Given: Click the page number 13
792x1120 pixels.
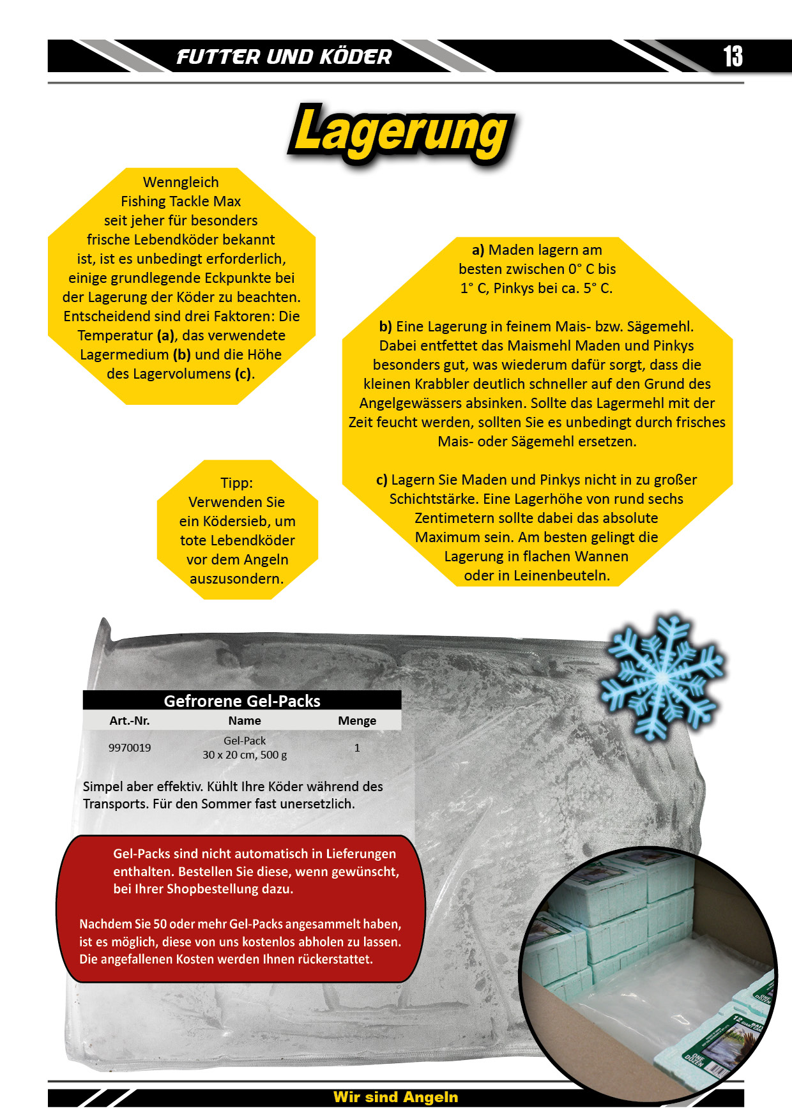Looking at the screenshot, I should [733, 56].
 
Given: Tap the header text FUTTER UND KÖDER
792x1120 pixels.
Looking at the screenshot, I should [284, 57].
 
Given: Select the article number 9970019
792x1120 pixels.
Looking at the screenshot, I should [130, 748].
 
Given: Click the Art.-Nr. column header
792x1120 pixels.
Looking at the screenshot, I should [130, 721].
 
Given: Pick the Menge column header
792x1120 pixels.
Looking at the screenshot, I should [357, 721].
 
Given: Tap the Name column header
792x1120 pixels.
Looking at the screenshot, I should [245, 721].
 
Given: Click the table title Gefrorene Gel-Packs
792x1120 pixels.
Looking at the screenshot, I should [242, 701].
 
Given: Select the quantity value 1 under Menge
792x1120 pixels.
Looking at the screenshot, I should [357, 748].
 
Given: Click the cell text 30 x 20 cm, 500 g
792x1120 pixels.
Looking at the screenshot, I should [245, 755].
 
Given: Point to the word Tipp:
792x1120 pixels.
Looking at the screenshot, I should [237, 483].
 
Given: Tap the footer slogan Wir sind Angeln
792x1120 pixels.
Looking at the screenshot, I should [395, 1097].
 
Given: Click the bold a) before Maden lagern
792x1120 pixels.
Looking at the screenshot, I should [478, 250].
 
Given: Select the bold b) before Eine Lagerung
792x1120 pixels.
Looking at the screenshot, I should [385, 327].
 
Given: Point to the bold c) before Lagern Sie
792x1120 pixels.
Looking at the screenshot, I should [381, 480].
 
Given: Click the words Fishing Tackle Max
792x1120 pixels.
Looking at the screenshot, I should [181, 202].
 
